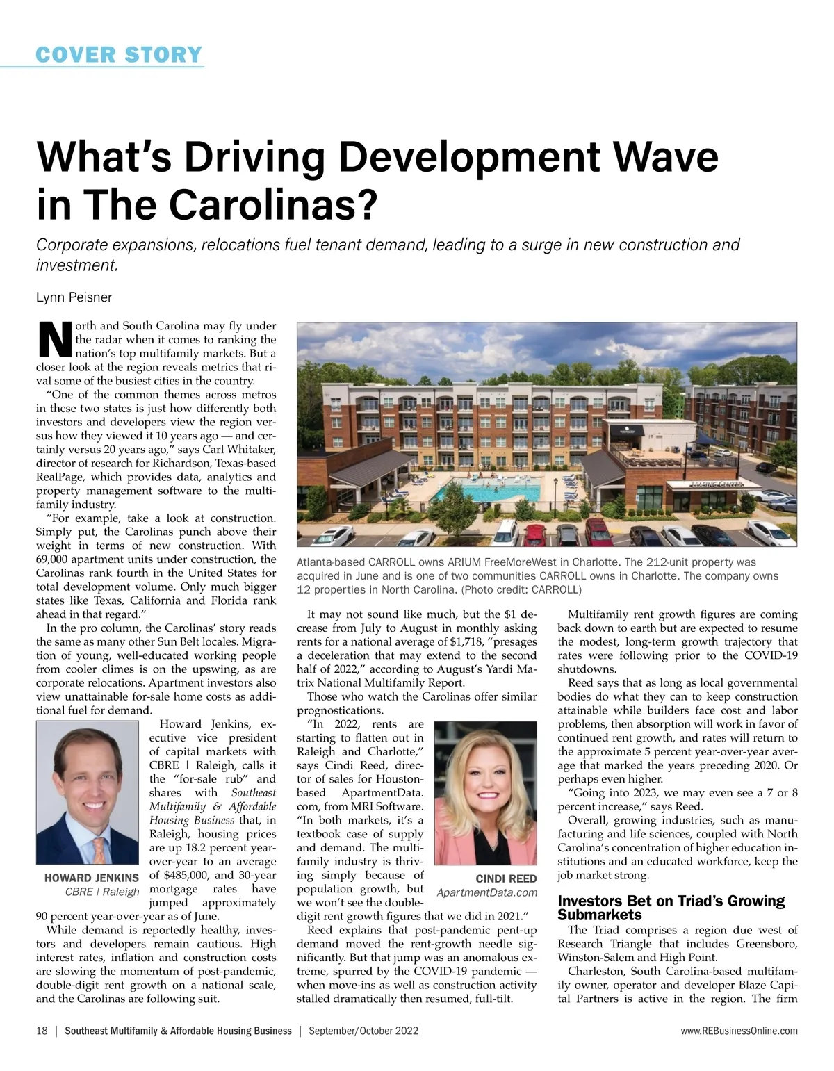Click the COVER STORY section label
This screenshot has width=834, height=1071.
(119, 54)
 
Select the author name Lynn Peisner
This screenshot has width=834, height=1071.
(74, 297)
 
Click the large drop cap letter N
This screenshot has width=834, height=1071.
(54, 340)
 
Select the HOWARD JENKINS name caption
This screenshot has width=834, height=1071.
(92, 878)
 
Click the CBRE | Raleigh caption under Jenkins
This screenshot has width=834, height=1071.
(102, 892)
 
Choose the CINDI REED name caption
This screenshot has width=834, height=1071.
(506, 879)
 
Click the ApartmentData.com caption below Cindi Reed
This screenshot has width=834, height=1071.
(487, 892)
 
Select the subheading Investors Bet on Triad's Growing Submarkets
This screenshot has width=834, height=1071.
(671, 908)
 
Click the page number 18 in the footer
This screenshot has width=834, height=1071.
(42, 1031)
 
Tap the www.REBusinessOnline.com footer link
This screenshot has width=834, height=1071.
(739, 1031)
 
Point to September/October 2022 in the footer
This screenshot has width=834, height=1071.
(363, 1031)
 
